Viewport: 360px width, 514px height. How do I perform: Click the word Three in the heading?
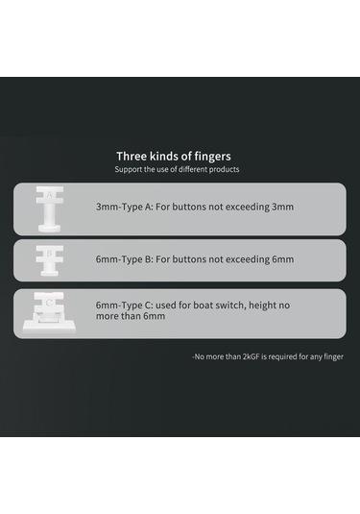(132, 156)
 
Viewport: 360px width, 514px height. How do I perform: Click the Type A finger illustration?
(50, 209)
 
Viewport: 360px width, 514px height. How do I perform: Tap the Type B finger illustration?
(50, 260)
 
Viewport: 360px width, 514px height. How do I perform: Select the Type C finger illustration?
(49, 313)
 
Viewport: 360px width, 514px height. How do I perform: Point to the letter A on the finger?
(50, 195)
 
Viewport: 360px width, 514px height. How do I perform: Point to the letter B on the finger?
(50, 254)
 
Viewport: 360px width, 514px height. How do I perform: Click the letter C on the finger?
(49, 303)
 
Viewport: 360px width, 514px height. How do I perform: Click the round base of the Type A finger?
(50, 229)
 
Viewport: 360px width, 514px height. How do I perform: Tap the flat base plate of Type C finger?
(49, 328)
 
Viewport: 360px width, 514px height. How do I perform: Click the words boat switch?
(220, 306)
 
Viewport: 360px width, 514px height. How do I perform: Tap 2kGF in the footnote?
(251, 356)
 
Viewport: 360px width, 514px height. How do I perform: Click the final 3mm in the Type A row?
(282, 208)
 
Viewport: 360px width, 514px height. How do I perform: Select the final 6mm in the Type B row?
(282, 259)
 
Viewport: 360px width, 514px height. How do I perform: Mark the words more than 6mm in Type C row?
(131, 316)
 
